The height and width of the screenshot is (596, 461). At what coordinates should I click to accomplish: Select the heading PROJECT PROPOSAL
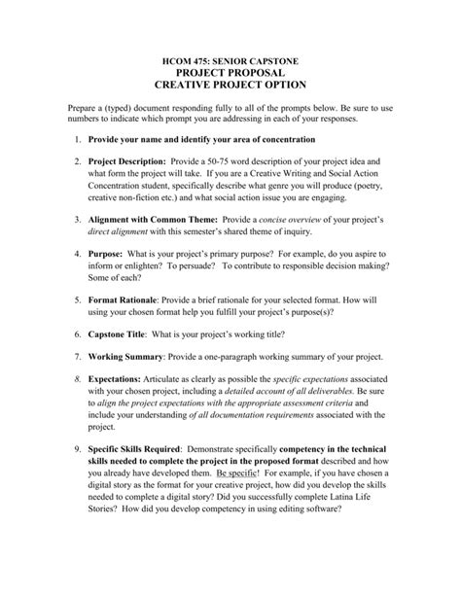(230, 75)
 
